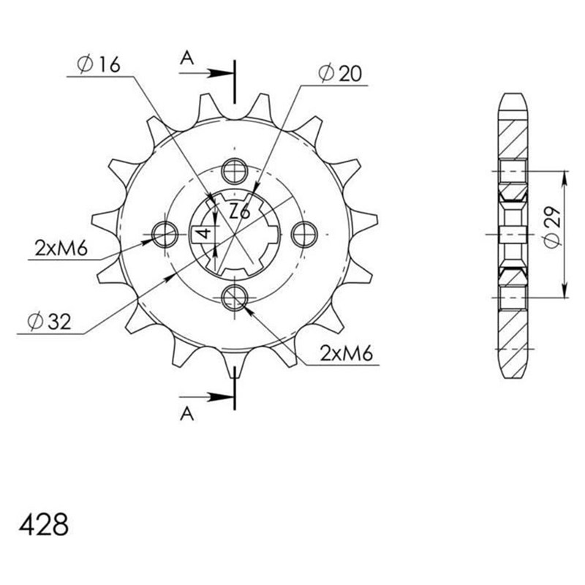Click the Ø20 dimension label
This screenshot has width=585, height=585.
click(341, 73)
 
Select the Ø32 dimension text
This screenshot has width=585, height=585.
click(48, 320)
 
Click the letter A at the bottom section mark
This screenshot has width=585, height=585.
click(187, 414)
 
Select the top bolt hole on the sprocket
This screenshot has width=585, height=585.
click(234, 171)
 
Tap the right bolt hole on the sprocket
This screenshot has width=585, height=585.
click(303, 234)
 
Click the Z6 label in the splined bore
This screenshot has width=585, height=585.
click(239, 212)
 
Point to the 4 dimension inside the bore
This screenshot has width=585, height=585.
click(206, 234)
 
